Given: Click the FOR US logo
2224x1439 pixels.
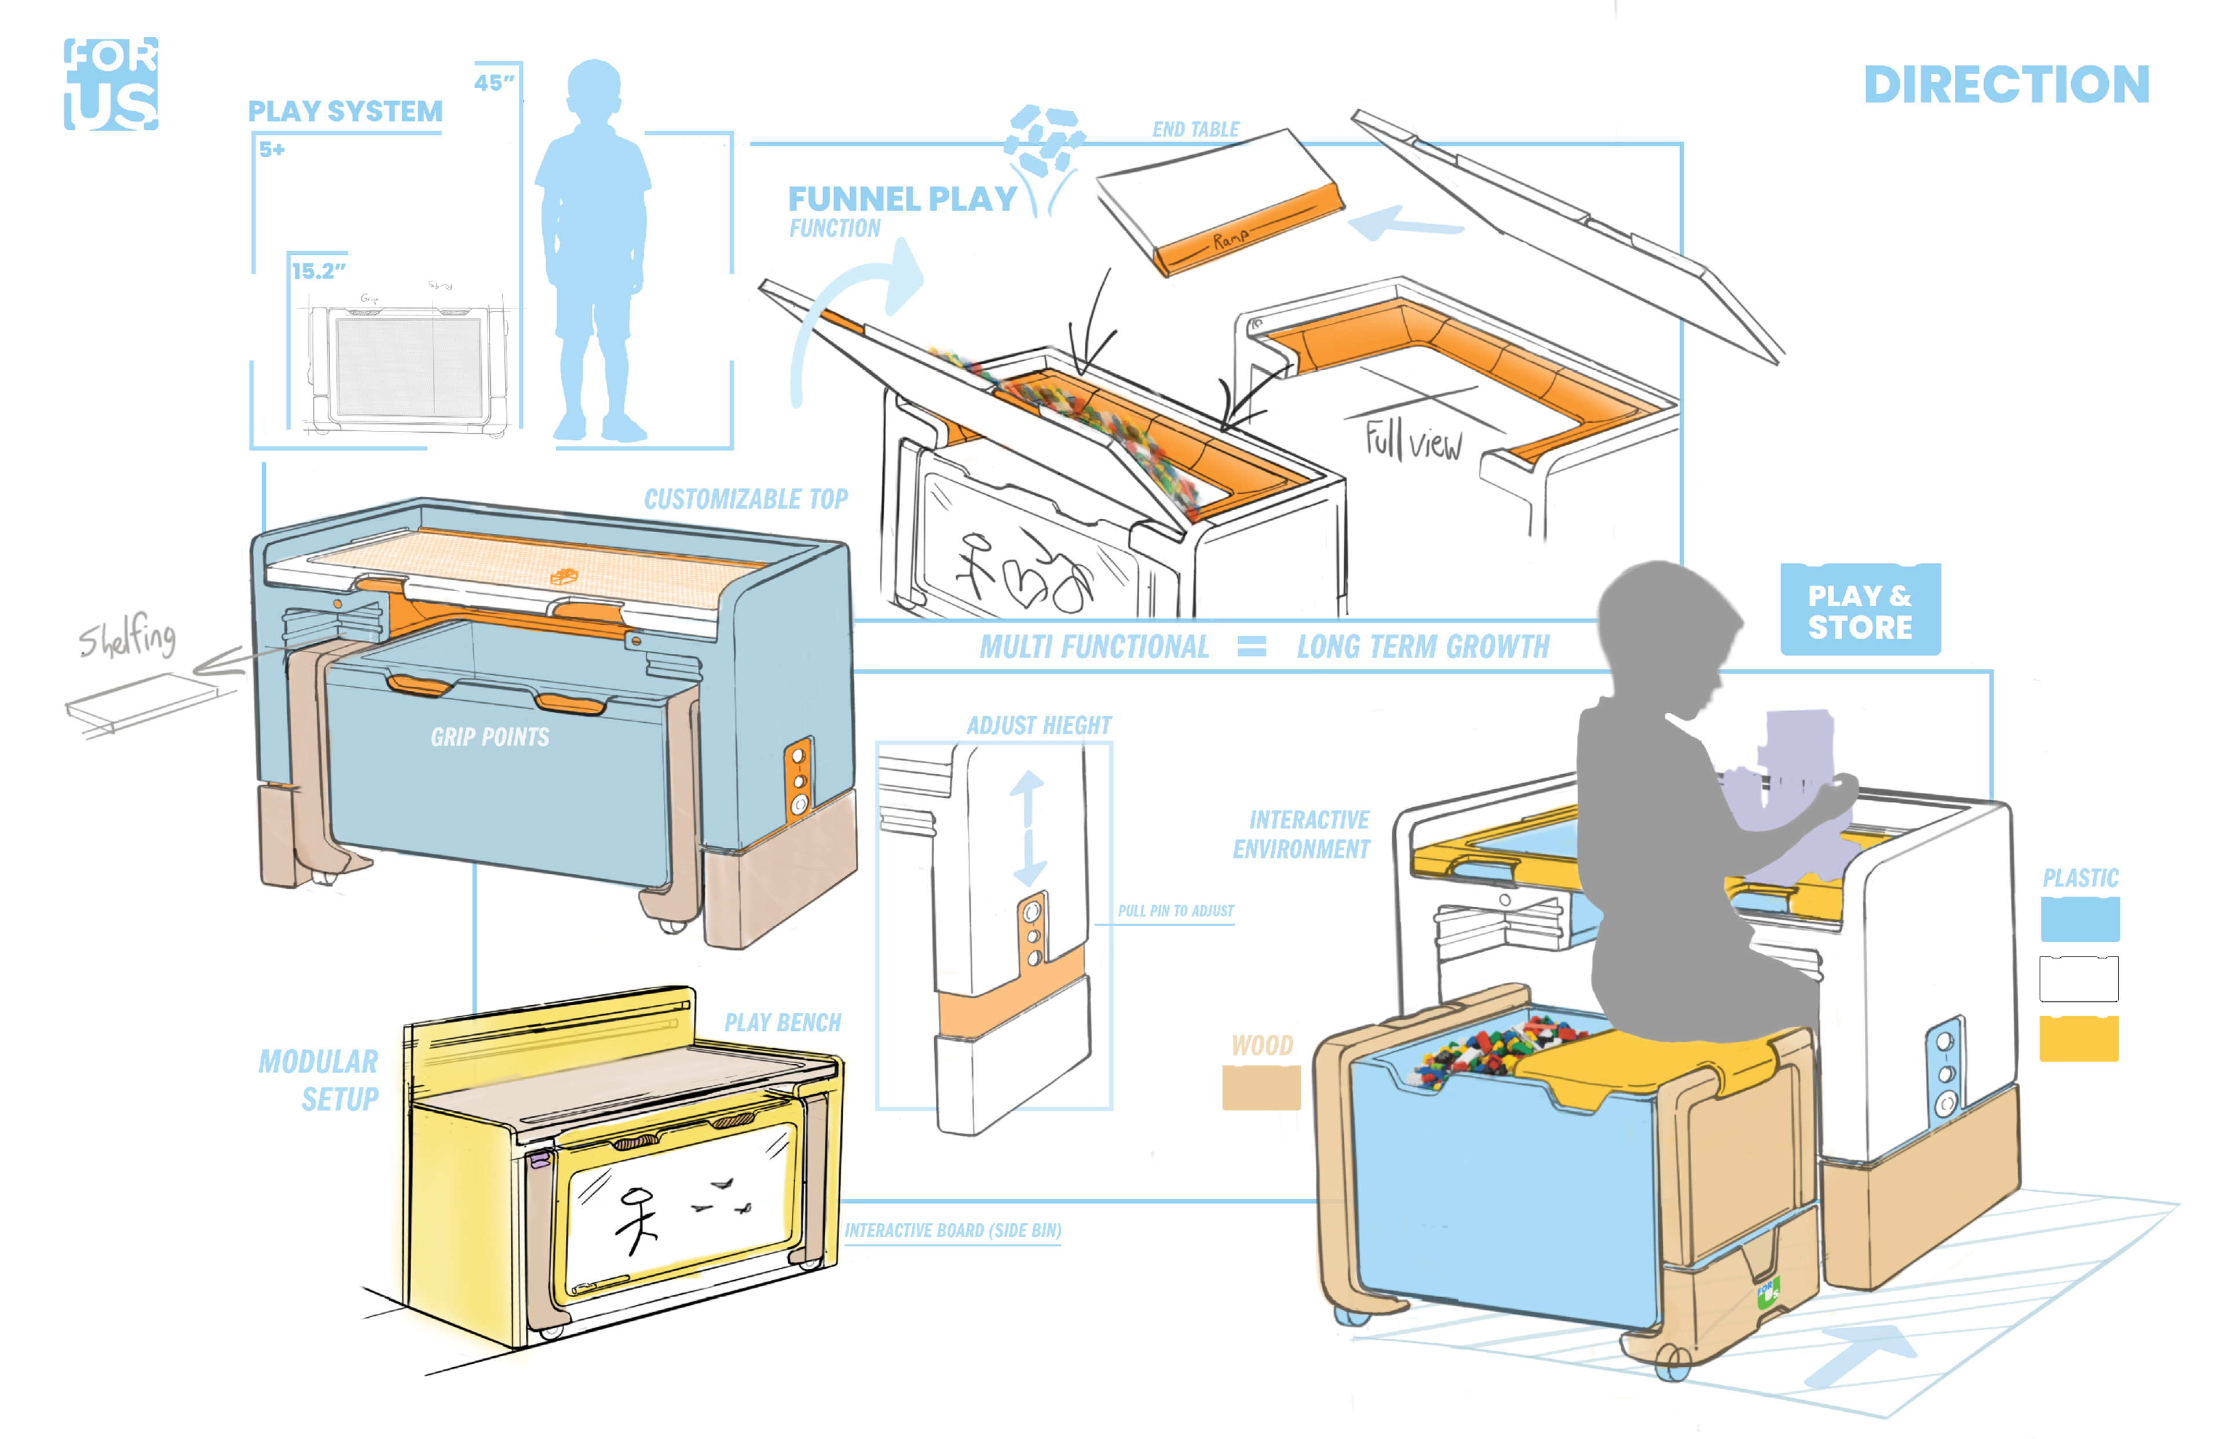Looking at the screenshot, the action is click(110, 83).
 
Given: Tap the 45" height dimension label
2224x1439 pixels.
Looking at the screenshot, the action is click(493, 83).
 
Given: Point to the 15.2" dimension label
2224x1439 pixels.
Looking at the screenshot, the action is click(318, 271).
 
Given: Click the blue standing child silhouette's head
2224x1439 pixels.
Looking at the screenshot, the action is click(594, 89).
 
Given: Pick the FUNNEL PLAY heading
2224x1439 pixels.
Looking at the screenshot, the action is click(902, 199).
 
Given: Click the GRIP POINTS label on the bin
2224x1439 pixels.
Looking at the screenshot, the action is click(489, 737).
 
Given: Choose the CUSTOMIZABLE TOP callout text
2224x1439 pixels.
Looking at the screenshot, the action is click(746, 499).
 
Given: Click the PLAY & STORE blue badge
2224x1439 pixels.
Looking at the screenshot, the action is click(1860, 611).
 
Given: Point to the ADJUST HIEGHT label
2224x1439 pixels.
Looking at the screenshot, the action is click(1038, 725).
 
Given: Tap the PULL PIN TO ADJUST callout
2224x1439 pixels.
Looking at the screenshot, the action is click(1176, 910).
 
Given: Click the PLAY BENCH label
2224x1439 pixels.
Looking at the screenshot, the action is click(782, 1022).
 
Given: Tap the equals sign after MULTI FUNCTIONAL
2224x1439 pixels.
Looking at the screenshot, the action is click(1251, 647).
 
